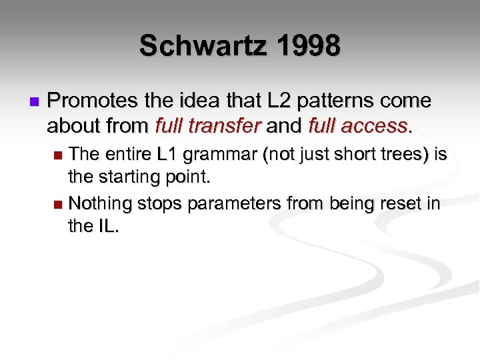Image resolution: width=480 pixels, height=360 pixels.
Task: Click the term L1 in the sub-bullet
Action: (x=168, y=155)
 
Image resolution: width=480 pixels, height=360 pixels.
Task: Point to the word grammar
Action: (x=219, y=155)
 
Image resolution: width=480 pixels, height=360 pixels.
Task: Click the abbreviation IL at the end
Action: (x=105, y=227)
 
